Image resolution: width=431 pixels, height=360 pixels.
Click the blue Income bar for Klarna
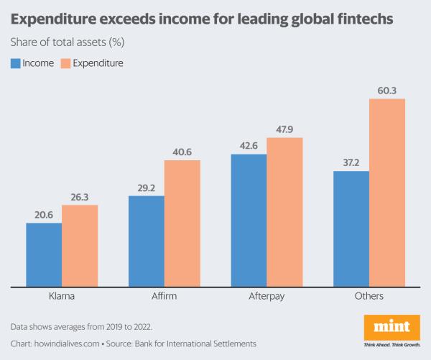(x=44, y=254)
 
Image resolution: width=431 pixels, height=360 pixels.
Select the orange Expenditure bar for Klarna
(x=80, y=245)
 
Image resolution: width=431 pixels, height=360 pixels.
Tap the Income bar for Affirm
(x=147, y=241)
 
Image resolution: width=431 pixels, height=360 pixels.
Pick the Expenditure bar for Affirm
(x=182, y=223)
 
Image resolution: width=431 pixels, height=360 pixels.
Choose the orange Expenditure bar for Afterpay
(x=284, y=212)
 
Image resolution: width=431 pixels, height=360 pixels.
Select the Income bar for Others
(x=351, y=229)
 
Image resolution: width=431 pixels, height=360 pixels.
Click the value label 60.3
(x=387, y=90)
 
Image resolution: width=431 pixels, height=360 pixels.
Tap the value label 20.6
(x=44, y=214)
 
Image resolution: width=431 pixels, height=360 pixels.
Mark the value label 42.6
(x=249, y=145)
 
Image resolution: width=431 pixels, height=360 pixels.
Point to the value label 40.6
(x=182, y=152)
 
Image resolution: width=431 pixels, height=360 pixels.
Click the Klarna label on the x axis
(x=62, y=296)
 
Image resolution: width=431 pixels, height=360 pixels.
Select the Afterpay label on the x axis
(x=267, y=296)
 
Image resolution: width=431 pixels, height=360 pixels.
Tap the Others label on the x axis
(x=369, y=296)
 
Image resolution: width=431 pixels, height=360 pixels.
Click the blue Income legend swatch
(x=15, y=63)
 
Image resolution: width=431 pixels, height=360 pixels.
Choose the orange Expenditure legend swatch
(x=66, y=63)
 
